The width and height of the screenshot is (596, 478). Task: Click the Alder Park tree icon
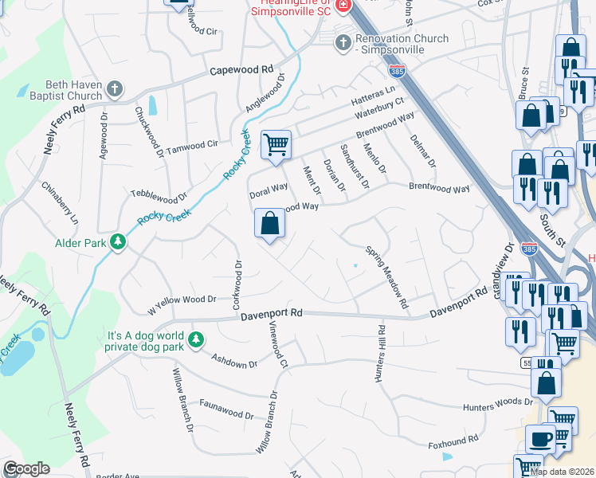[118, 241]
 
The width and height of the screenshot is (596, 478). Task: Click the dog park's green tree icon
[196, 341]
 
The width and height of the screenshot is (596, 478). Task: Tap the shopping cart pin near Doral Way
[276, 146]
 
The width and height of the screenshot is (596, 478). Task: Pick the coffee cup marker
[540, 439]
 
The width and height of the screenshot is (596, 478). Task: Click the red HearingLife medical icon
[343, 6]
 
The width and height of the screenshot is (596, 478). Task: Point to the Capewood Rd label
[241, 70]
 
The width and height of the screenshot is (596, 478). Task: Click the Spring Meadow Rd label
[387, 277]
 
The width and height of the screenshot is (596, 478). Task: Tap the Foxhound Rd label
[453, 439]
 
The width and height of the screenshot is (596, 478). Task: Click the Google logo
[26, 468]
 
